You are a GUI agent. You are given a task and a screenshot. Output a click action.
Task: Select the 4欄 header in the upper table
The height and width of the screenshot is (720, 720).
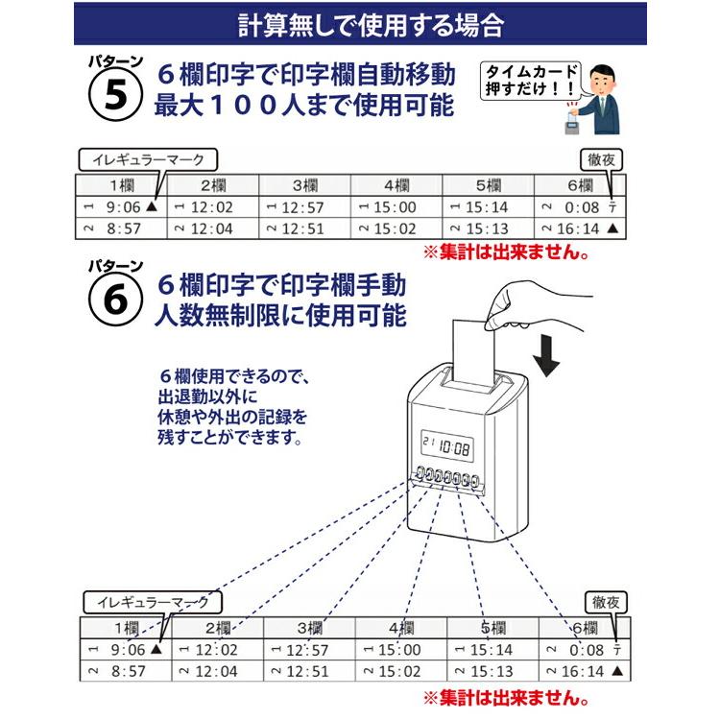coord(397,185)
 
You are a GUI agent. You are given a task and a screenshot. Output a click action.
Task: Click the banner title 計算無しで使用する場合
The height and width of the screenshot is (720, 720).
coord(359,24)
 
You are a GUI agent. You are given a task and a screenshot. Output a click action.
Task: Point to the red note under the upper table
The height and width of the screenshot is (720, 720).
coord(506,253)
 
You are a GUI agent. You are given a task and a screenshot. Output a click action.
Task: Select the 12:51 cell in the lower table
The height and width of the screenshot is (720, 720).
coord(306,671)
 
